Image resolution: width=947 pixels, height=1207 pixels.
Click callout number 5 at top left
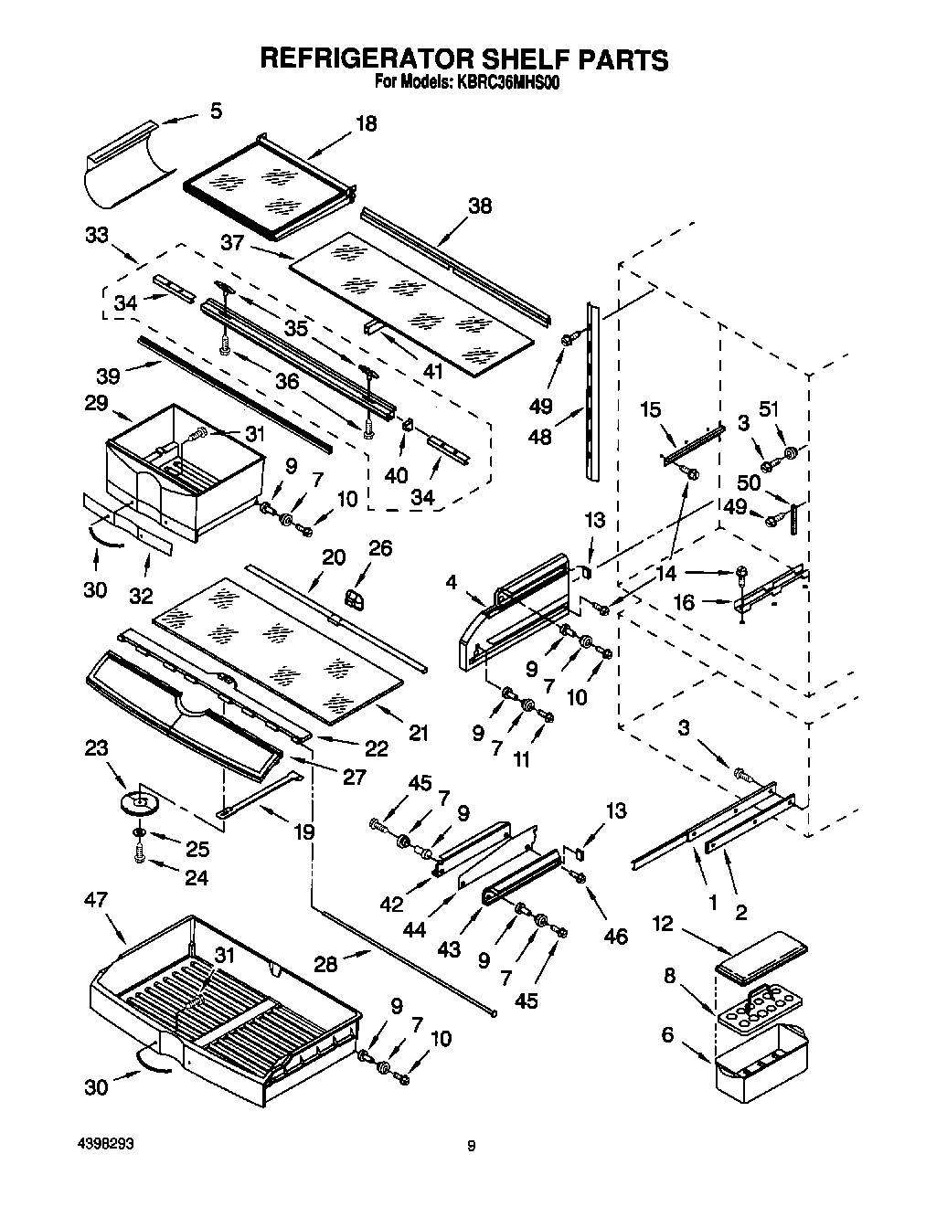215,111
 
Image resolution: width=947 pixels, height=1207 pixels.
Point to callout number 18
366,123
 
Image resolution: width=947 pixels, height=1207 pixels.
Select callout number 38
479,206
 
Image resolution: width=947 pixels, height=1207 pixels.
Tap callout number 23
97,749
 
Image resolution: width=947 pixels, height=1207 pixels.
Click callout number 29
96,403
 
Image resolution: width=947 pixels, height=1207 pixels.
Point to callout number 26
380,548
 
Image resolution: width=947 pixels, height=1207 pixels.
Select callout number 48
540,436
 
